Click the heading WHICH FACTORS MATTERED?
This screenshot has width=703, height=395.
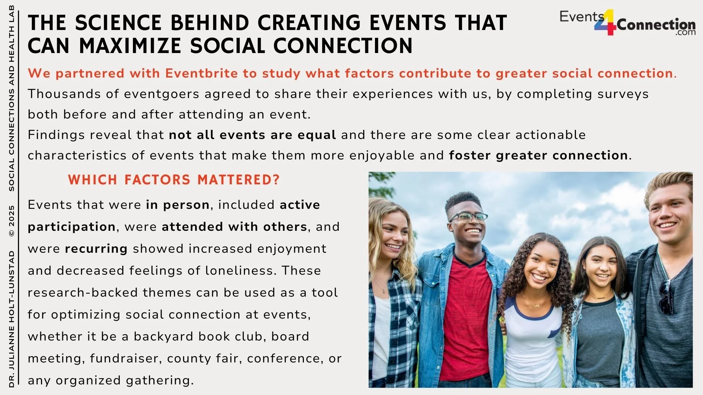(x=174, y=180)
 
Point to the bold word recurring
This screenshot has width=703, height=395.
(x=96, y=249)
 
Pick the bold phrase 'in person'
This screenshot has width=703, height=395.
(x=178, y=205)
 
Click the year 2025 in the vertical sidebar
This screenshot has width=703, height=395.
(x=11, y=216)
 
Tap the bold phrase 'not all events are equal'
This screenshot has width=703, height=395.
(x=252, y=135)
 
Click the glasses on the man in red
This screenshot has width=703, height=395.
(x=468, y=217)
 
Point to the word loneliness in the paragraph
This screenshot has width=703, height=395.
(x=239, y=271)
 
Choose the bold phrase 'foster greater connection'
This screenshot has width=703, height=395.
(x=538, y=155)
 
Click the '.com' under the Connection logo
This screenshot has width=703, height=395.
(x=685, y=33)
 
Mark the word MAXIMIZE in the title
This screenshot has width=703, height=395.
(x=130, y=46)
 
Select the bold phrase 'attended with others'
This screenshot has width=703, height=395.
(x=234, y=227)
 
